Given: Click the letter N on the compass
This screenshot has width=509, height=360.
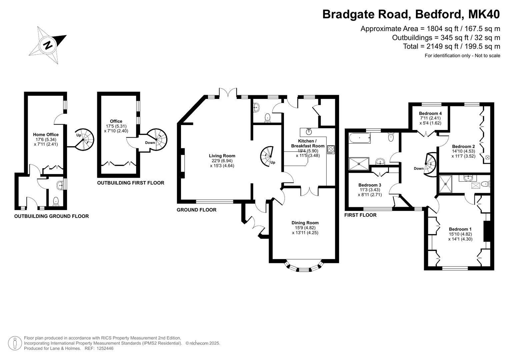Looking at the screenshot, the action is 48,45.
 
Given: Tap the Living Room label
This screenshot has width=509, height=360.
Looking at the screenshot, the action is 222,156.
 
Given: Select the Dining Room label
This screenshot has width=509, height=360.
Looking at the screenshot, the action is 305,223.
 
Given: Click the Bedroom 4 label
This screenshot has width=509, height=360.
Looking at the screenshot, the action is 430,113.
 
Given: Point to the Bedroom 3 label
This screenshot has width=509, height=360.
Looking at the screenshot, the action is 370,185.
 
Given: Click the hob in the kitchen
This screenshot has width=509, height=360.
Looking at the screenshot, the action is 331,150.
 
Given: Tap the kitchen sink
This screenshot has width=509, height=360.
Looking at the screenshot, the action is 309,132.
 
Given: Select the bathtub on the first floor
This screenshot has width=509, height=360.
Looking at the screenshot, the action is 360,138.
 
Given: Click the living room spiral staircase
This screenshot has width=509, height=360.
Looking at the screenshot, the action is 267,156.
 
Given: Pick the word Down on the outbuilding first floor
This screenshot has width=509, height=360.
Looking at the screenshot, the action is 150,143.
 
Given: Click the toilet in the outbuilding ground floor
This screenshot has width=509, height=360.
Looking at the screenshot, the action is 56,202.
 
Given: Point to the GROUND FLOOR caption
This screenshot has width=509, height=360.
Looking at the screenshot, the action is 197,210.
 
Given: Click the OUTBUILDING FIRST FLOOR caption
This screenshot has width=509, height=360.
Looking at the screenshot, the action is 131,183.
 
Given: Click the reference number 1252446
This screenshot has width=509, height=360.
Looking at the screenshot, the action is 105,348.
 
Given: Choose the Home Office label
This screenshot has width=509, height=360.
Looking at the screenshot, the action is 46,135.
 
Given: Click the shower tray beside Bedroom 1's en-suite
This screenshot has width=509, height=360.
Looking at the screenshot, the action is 445,184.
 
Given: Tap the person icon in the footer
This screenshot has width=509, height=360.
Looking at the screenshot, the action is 15,343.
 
